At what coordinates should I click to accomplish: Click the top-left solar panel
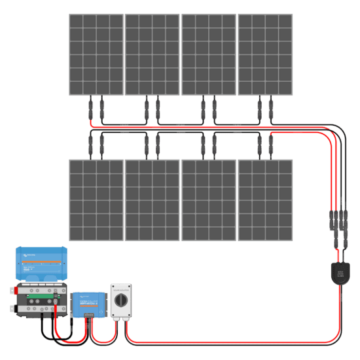[96, 54]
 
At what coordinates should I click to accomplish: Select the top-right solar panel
[265, 54]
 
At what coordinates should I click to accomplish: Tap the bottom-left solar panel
[96, 200]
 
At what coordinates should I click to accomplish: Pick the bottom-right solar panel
[265, 200]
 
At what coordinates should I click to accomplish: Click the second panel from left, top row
[152, 54]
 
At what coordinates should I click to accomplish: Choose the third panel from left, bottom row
[209, 200]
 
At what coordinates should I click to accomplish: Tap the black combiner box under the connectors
[338, 271]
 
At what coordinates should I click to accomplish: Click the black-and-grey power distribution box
[40, 302]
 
